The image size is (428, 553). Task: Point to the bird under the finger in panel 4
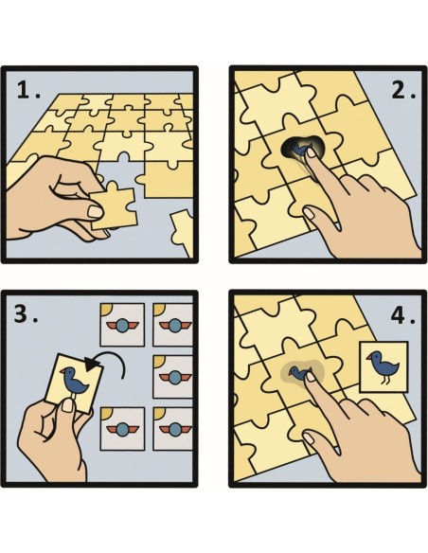[x=302, y=373]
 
